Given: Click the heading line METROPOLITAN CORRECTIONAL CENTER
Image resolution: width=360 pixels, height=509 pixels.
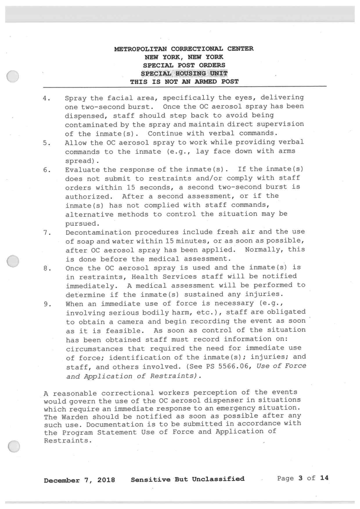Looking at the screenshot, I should (x=183, y=49).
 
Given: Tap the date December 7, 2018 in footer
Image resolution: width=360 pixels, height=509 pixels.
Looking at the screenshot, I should (x=79, y=479).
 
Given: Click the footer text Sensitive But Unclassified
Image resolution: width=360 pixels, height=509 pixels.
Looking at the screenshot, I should (x=187, y=479).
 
